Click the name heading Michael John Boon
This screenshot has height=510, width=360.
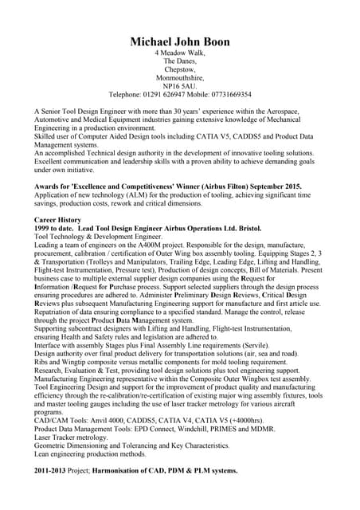(179, 41)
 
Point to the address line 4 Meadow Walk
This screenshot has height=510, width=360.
(180, 53)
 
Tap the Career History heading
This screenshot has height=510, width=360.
(57, 219)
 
